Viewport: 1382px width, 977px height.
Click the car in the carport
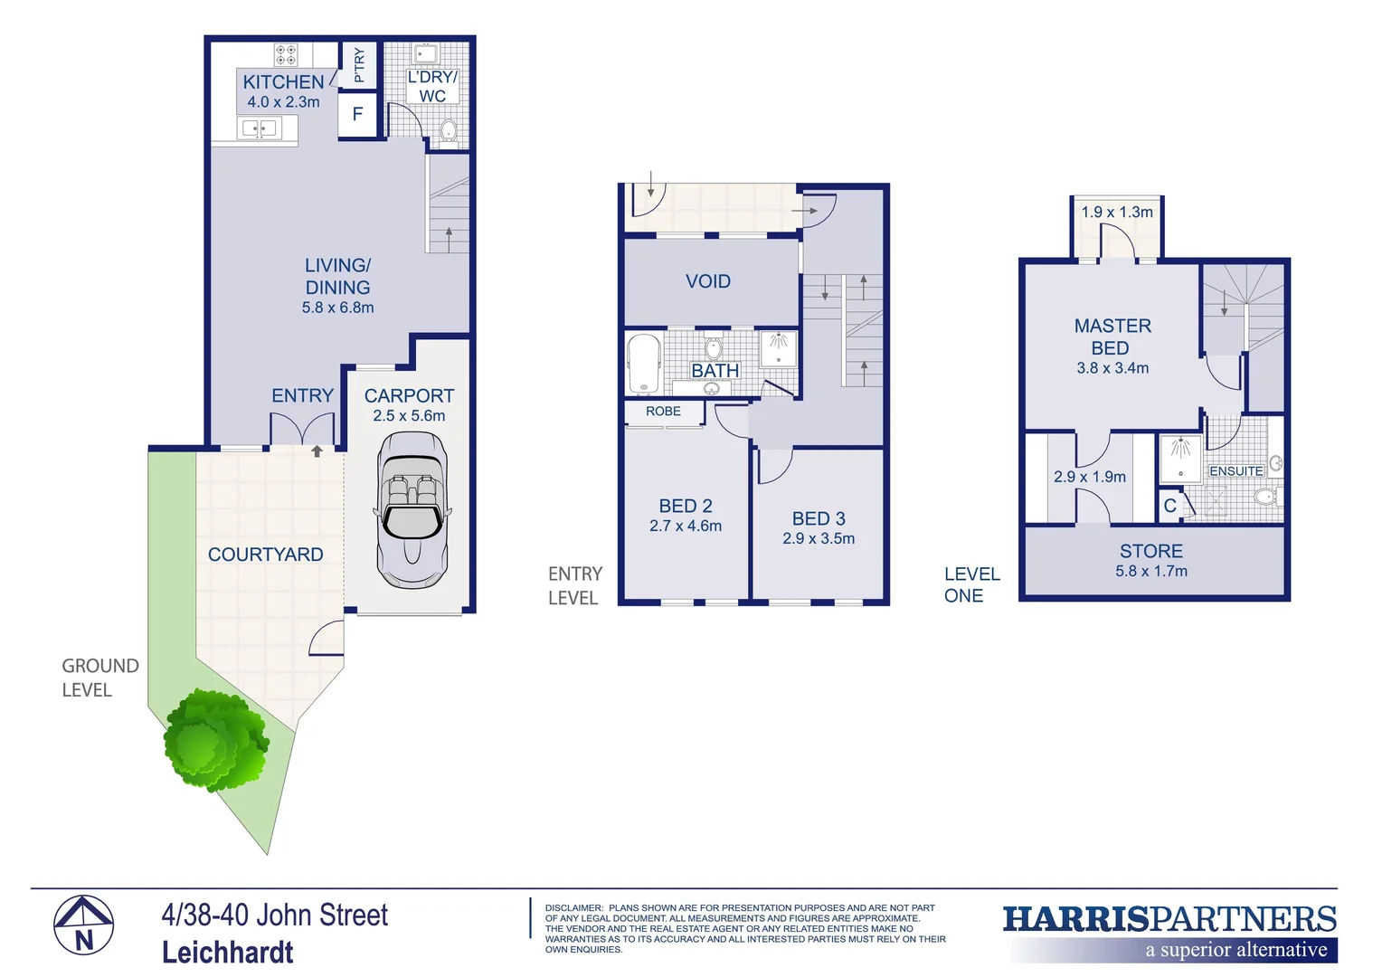click(x=412, y=511)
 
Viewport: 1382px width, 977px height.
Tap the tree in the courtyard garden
click(x=215, y=740)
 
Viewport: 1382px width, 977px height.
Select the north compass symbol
click(x=83, y=925)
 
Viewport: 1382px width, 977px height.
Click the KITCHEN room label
click(x=283, y=81)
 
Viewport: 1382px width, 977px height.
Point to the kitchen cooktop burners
click(x=286, y=55)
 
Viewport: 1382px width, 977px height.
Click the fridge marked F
click(x=357, y=114)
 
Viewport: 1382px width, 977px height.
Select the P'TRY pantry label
click(x=359, y=65)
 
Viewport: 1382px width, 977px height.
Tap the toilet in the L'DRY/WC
click(x=449, y=132)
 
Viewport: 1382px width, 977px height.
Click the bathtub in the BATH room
click(x=644, y=364)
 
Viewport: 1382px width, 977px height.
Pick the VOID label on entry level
click(x=708, y=281)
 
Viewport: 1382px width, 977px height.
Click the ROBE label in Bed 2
click(x=663, y=412)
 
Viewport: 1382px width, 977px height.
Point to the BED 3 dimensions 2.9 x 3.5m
click(x=819, y=539)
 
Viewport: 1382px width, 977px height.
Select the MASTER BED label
click(x=1112, y=337)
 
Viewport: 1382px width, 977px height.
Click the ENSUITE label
click(x=1235, y=471)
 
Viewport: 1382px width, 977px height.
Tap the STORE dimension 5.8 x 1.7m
click(x=1151, y=572)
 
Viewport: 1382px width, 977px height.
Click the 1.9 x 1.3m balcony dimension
click(x=1117, y=213)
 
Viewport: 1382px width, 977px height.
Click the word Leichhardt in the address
click(x=228, y=953)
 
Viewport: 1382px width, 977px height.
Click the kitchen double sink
click(x=259, y=128)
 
